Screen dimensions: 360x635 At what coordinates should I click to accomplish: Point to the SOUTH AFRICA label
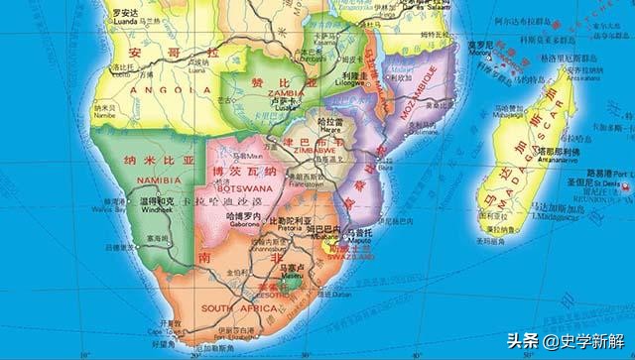pos(240,307)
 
